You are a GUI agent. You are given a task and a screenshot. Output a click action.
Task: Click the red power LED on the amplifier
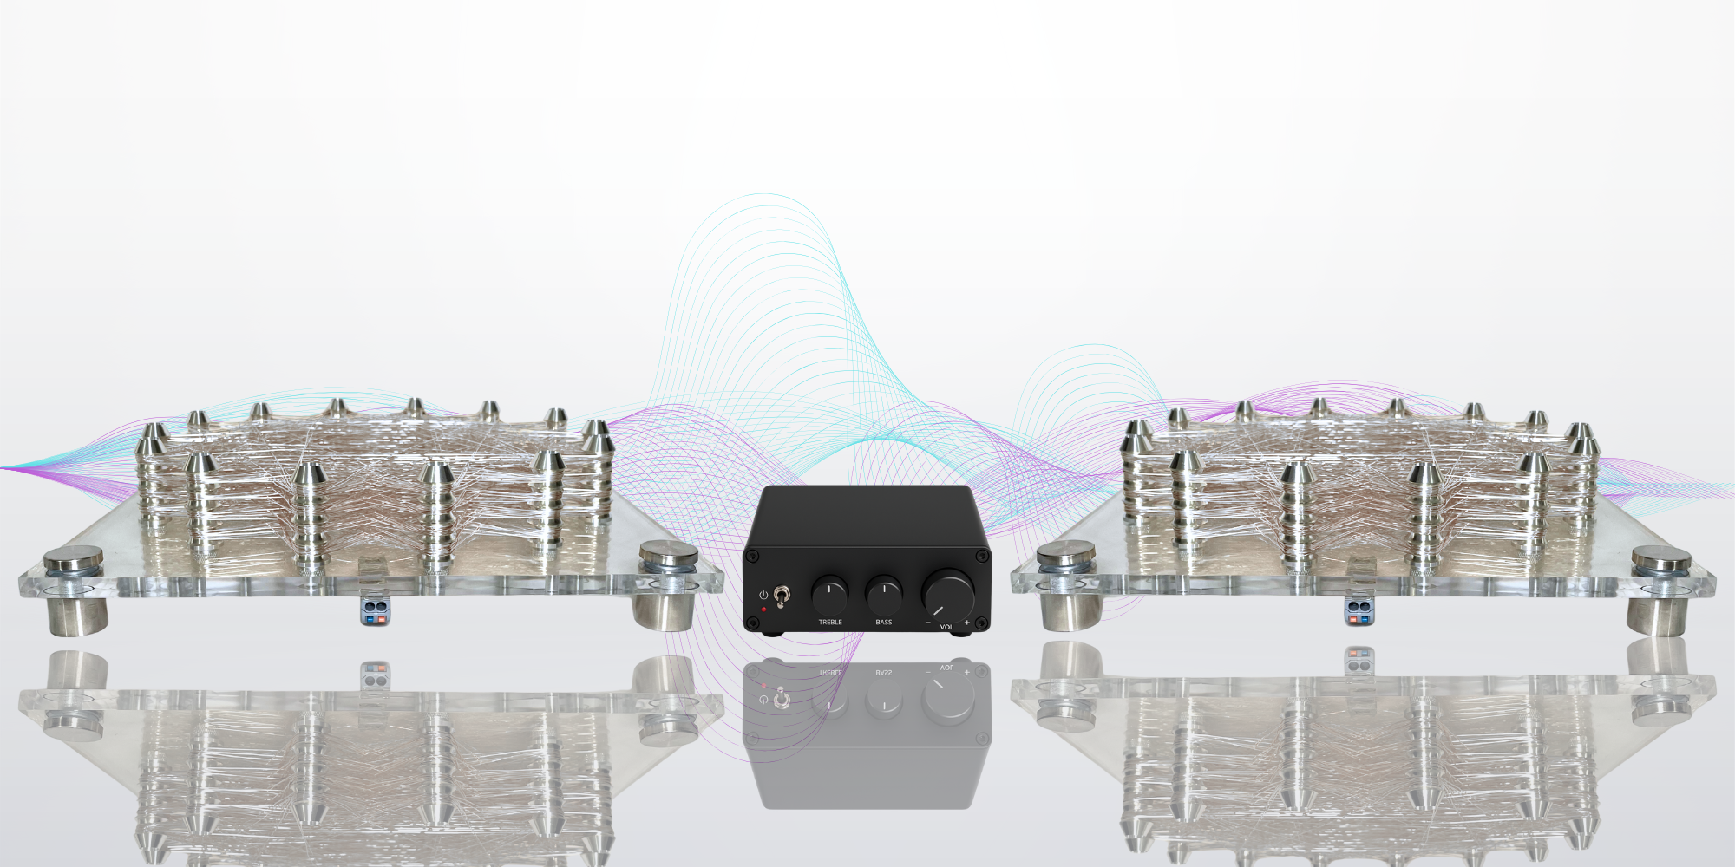[x=763, y=610]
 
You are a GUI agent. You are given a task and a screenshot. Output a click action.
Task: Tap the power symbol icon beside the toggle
[x=763, y=595]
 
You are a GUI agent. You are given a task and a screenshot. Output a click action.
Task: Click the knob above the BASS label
[x=884, y=595]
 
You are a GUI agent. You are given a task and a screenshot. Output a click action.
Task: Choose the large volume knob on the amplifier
[x=948, y=593]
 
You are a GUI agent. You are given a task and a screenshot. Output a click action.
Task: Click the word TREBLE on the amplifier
[x=830, y=622]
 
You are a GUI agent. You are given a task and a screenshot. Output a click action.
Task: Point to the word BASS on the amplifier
[x=884, y=622]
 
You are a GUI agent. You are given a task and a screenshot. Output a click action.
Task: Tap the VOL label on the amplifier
[x=946, y=627]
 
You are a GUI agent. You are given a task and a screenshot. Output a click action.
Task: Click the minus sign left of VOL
[x=927, y=623]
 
